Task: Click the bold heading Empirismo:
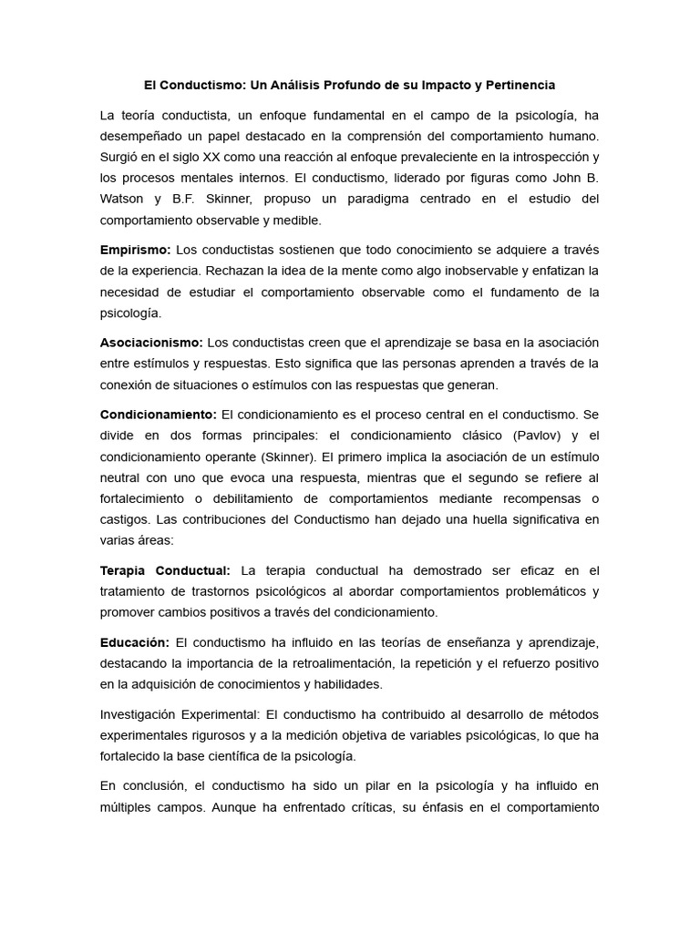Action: [x=135, y=250]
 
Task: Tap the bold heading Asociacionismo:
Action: [x=151, y=343]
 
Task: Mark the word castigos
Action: [x=125, y=519]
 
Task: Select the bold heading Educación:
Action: [x=135, y=642]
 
